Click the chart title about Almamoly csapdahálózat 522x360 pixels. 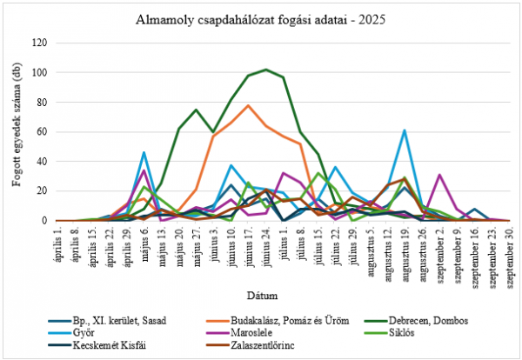(x=260, y=18)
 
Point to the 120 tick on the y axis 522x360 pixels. (x=38, y=43)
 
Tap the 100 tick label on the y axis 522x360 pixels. (x=38, y=72)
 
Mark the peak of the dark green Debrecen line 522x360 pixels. (x=265, y=70)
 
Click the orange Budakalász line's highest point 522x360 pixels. (x=248, y=105)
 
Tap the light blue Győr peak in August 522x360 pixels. (x=405, y=130)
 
